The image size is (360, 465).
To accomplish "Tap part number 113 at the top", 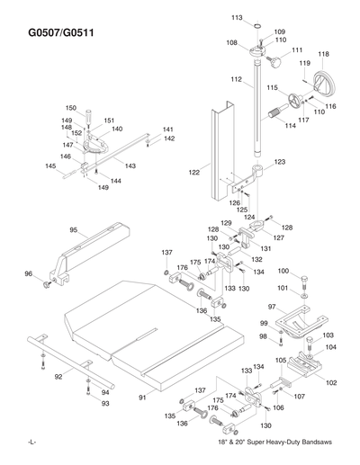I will coord(237,17).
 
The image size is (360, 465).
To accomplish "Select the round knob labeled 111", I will coord(274,63).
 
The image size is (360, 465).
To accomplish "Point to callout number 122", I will coord(194,171).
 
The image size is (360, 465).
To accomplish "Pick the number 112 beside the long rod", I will coord(236,80).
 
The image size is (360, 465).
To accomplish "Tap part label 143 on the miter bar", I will coord(130,165).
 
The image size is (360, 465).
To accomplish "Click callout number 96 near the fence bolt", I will coord(29,274).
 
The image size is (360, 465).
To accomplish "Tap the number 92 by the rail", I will coord(58,377).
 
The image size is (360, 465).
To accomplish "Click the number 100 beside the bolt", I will coord(283,271).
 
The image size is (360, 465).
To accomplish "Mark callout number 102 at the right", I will coord(331,383).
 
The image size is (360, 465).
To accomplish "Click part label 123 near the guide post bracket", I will coord(279,162).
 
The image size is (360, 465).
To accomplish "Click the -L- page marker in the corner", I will coord(31,444).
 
